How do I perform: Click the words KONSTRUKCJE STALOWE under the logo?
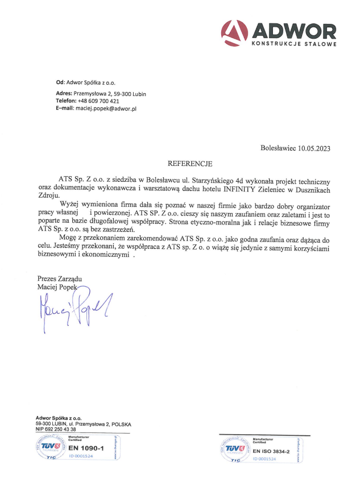(293, 43)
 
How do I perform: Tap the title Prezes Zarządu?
(60, 279)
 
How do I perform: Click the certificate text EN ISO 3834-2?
(271, 451)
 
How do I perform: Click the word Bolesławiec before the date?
(278, 148)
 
